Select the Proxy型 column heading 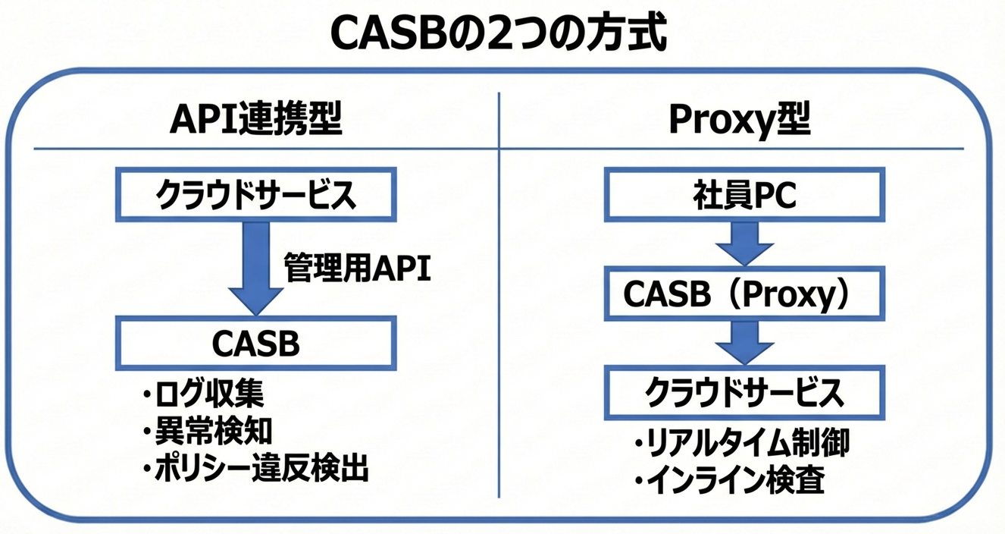pos(739,119)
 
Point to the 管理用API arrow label pos(357,269)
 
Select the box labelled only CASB pos(255,344)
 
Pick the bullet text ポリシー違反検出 pos(261,469)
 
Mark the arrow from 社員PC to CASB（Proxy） pos(744,242)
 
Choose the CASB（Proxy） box pos(744,294)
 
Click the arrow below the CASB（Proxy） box pos(744,343)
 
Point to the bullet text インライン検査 pos(736,481)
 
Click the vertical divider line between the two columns pos(499,303)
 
